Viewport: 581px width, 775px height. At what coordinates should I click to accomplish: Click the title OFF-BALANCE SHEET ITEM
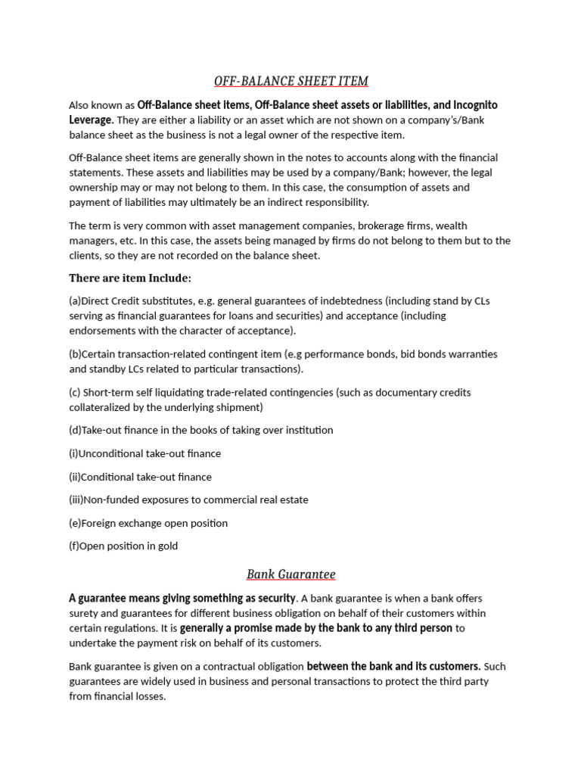coord(290,80)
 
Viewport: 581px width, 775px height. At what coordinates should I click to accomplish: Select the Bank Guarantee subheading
coord(290,574)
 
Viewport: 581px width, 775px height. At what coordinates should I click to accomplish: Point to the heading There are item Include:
coord(130,277)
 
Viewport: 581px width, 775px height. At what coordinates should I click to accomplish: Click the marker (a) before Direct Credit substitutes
coord(75,300)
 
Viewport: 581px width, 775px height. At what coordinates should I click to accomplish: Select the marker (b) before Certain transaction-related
coord(75,354)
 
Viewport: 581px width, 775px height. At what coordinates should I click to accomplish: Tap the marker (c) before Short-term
coord(76,392)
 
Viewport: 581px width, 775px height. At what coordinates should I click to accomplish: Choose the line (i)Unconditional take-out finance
coord(145,453)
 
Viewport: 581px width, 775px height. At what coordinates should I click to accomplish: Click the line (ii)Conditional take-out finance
coord(141,477)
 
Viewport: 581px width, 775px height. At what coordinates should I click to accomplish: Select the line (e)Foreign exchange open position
coord(148,523)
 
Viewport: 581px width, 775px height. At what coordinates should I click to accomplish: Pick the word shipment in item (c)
coord(239,407)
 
